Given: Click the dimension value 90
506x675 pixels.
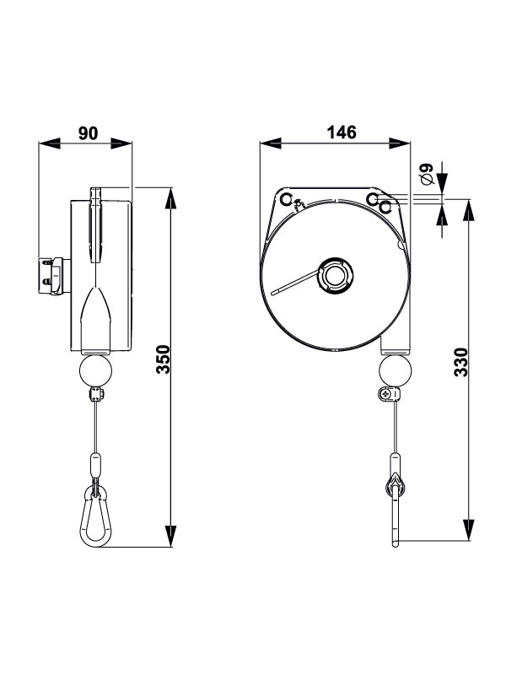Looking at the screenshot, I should [89, 132].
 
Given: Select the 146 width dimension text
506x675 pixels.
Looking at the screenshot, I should [341, 132].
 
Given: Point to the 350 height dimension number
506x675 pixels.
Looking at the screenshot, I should [164, 359].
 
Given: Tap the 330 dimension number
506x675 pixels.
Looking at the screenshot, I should [460, 361].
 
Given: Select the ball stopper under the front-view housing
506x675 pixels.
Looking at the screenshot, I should [394, 370].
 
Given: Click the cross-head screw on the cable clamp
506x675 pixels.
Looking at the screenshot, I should [386, 394].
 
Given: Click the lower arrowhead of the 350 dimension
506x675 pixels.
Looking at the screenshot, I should [170, 537].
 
